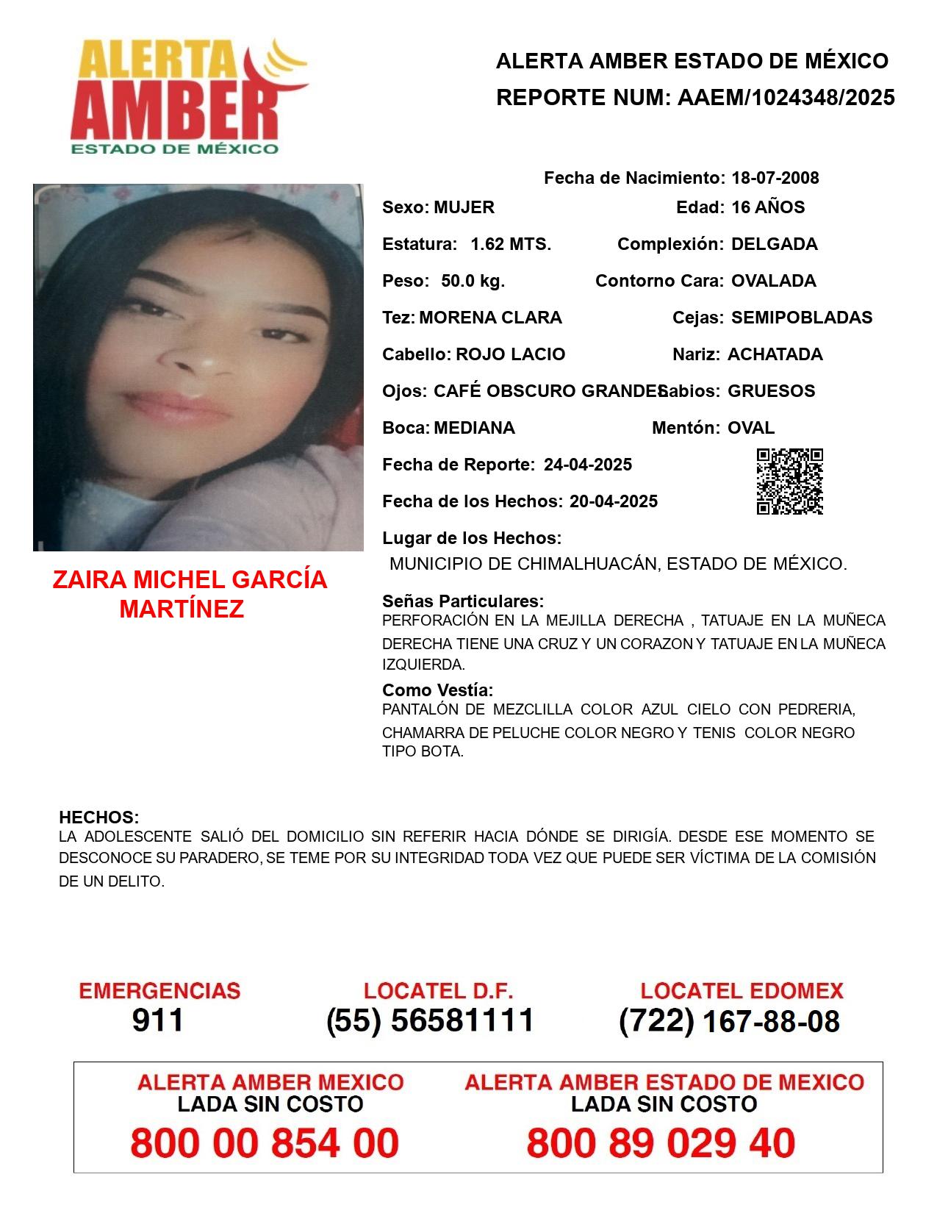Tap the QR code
(789, 482)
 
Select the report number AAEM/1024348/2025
(786, 97)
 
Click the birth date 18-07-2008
(775, 178)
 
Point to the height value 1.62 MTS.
(511, 244)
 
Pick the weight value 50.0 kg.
(473, 281)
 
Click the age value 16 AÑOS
(768, 207)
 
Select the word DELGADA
(774, 244)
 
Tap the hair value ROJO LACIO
(510, 354)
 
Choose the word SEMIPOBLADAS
(802, 318)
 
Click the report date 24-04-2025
(587, 465)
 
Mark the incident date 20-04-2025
(613, 501)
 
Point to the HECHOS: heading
(98, 817)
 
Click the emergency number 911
(158, 1020)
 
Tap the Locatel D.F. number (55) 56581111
(430, 1020)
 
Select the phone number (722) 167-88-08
(729, 1021)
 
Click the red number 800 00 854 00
(265, 1143)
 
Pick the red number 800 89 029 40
(661, 1143)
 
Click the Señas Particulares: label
(463, 601)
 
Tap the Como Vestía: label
(437, 690)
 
